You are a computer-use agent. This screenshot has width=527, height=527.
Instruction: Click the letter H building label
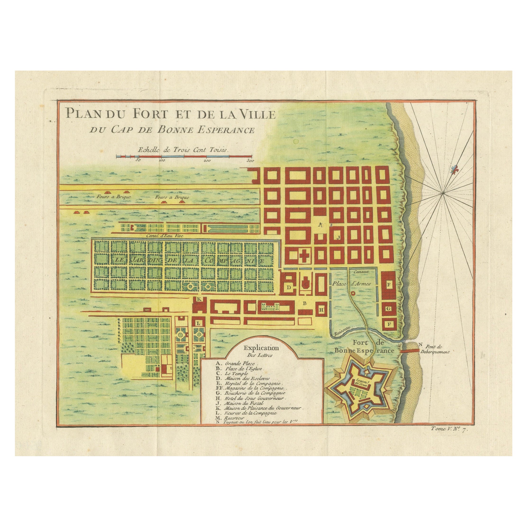[321, 310]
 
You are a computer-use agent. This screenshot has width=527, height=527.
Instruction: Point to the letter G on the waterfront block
[389, 309]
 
